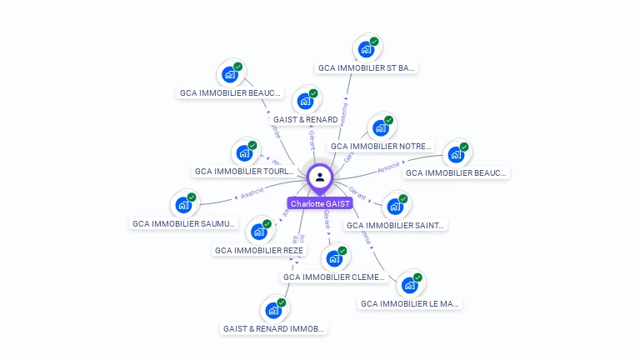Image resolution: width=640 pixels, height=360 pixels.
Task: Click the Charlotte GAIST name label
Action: pyautogui.click(x=320, y=203)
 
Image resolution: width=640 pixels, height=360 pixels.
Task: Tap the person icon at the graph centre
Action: pyautogui.click(x=320, y=177)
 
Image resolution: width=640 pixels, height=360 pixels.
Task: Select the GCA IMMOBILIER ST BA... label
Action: pyautogui.click(x=367, y=67)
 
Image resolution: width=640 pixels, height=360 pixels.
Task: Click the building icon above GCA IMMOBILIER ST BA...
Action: pyautogui.click(x=365, y=48)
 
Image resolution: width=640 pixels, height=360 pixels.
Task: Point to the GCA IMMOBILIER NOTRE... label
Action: pyautogui.click(x=381, y=146)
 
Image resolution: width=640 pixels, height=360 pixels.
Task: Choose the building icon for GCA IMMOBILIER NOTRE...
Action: pyautogui.click(x=380, y=127)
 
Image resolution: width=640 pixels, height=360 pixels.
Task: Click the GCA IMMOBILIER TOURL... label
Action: pyautogui.click(x=243, y=172)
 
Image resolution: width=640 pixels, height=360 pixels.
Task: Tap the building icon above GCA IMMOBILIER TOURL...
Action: pyautogui.click(x=244, y=152)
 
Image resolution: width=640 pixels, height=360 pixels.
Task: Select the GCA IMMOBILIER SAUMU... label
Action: pyautogui.click(x=184, y=223)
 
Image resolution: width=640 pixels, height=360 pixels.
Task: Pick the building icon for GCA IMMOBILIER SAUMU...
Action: pyautogui.click(x=183, y=204)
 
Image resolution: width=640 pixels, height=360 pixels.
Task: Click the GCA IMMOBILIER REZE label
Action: pyautogui.click(x=259, y=250)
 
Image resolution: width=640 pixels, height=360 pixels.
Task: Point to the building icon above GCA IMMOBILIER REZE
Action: pyautogui.click(x=258, y=231)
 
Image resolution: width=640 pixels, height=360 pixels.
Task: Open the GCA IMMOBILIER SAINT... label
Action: pyautogui.click(x=396, y=225)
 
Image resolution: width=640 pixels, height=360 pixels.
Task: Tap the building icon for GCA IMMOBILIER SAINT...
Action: pyautogui.click(x=395, y=205)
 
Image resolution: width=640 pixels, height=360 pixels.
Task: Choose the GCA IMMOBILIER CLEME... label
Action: pyautogui.click(x=334, y=277)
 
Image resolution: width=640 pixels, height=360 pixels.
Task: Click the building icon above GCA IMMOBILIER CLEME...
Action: pyautogui.click(x=334, y=257)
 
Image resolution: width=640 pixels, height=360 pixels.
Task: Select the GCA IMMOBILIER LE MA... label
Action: pyautogui.click(x=410, y=304)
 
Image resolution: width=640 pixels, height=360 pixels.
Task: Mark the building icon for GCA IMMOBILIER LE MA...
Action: pyautogui.click(x=409, y=285)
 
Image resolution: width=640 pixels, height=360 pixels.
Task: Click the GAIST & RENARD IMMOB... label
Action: pyautogui.click(x=273, y=328)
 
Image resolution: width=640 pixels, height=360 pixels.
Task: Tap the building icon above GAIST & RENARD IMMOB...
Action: pyautogui.click(x=273, y=310)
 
